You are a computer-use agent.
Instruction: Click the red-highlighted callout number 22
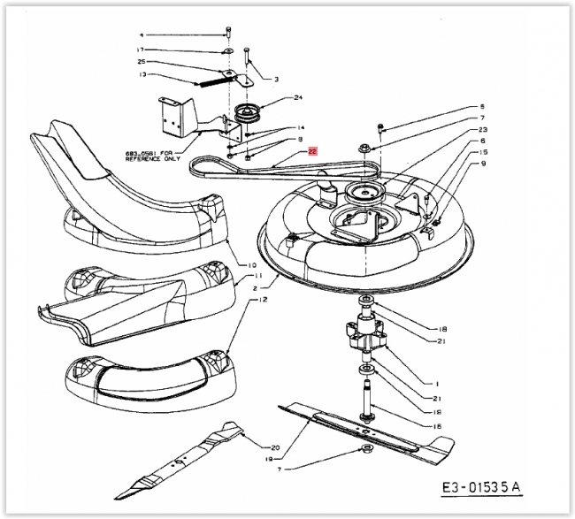pos(313,151)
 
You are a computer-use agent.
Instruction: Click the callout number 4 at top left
pos(140,34)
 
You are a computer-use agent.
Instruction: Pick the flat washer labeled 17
pos(227,51)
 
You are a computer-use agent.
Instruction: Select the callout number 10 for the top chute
pos(252,265)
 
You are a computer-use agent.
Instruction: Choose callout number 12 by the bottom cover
pos(238,301)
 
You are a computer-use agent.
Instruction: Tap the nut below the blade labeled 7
pos(364,451)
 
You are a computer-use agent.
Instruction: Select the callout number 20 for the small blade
pos(274,447)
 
